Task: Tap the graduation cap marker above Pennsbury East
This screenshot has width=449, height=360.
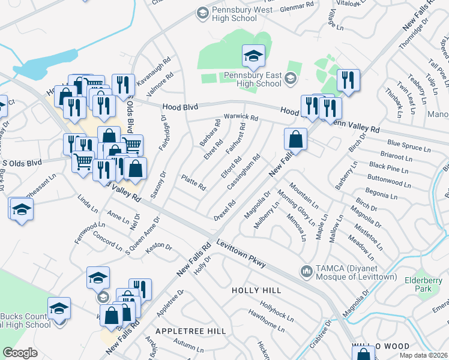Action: (253, 57)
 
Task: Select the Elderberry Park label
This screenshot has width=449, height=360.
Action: (419, 284)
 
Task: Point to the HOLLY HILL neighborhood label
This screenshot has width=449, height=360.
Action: (257, 290)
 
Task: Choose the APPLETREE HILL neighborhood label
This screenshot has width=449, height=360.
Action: (190, 331)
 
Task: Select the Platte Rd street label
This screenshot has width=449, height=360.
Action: (193, 182)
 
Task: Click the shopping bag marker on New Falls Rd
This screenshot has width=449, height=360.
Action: (295, 140)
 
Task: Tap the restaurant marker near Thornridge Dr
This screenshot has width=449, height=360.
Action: (348, 80)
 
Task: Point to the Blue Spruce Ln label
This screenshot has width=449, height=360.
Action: (409, 143)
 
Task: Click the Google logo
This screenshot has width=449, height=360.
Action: (20, 353)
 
